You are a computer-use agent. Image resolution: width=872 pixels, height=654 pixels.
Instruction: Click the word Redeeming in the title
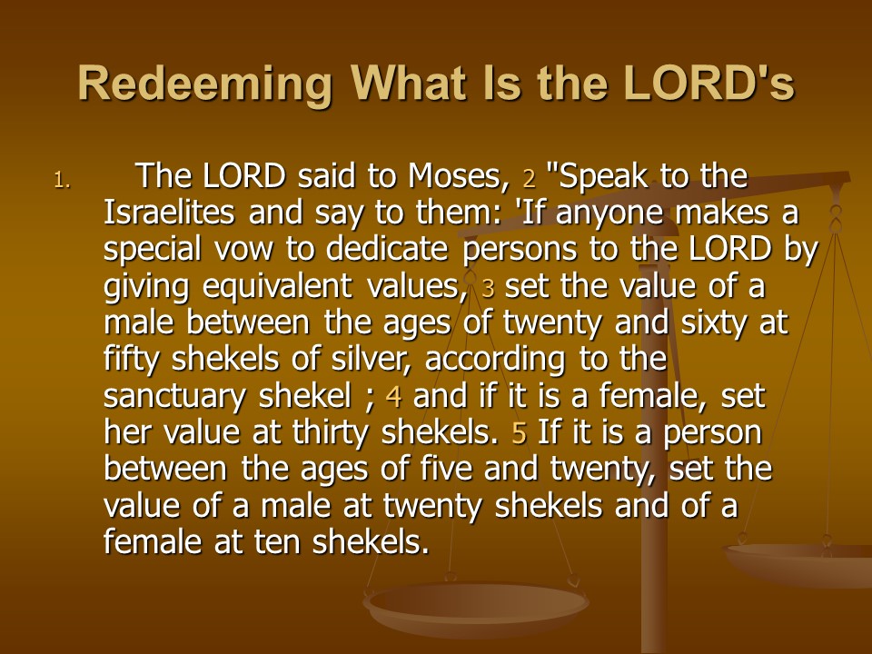(205, 84)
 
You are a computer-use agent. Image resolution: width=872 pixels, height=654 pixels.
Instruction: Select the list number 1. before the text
(63, 180)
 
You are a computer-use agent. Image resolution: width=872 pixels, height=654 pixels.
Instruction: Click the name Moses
(458, 176)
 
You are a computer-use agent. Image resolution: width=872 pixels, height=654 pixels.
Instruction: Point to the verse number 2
(529, 179)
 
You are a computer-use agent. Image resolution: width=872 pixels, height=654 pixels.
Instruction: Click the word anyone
(609, 214)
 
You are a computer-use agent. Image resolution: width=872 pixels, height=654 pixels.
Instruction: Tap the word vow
(243, 251)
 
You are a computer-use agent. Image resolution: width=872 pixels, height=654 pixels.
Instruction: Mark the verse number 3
(489, 289)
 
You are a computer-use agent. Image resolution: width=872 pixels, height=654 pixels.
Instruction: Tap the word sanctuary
(174, 397)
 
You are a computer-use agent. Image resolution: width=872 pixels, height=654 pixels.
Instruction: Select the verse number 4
(393, 397)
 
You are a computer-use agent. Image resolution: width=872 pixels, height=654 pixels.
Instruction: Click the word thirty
(330, 433)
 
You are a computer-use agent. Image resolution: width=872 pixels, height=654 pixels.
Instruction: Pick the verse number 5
(519, 434)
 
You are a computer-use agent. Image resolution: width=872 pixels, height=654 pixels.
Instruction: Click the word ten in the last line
(276, 541)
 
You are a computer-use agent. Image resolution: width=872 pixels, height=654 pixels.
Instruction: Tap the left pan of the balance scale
(475, 609)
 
